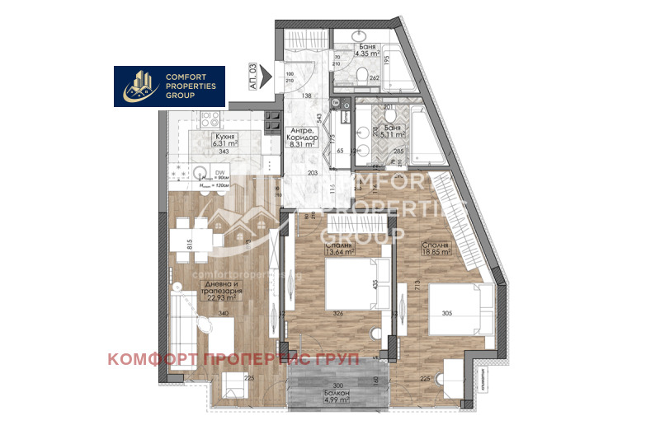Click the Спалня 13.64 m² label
[x=339, y=250]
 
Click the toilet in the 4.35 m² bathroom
[x=366, y=75]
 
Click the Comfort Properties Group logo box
[x=169, y=86]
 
